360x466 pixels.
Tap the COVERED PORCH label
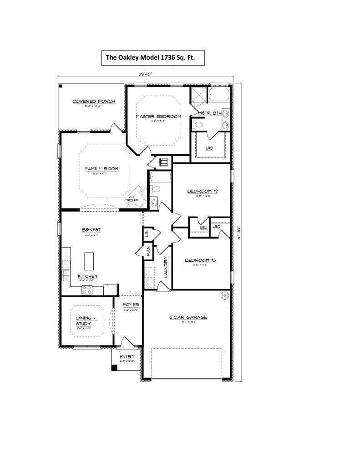point(94,101)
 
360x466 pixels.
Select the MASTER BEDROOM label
point(158,116)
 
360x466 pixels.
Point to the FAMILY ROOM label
point(101,169)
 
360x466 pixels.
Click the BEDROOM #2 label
point(203,191)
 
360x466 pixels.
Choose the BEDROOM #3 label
point(200,261)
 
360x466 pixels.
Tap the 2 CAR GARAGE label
point(188,317)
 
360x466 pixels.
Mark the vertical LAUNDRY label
point(166,267)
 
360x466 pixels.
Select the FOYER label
point(131,304)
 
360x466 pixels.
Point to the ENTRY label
point(127,357)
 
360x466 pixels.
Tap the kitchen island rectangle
point(89,262)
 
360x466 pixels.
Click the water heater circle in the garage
point(224,295)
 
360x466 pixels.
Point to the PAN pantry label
point(148,251)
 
